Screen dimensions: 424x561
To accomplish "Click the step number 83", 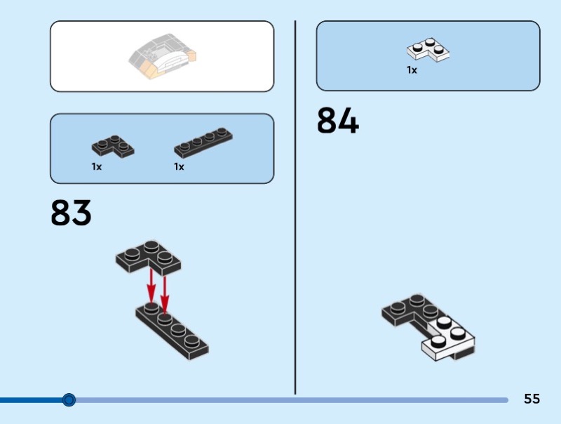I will point(71,213).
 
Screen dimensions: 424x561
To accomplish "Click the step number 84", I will point(337,121).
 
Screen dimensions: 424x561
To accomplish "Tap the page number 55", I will point(532,399).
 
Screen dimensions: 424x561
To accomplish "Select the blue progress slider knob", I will point(69,400).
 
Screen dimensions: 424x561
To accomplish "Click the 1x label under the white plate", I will point(412,70).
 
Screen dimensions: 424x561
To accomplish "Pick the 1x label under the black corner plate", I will point(96,167).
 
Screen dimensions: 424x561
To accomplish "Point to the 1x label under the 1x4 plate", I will point(179,167).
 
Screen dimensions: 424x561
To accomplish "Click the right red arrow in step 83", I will point(165,291).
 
